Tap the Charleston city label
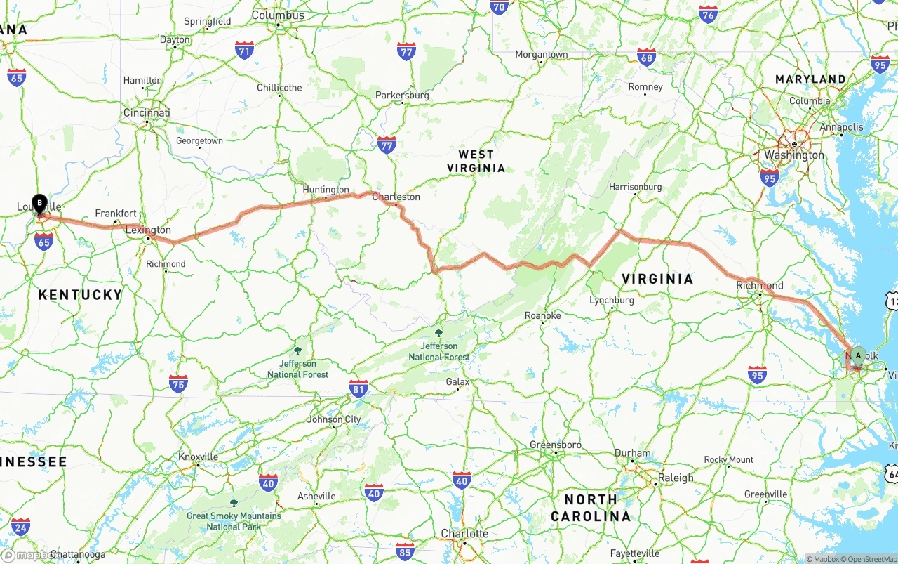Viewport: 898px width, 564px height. coord(396,197)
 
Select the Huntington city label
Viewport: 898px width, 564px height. coord(326,190)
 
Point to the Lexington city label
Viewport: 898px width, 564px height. coord(148,230)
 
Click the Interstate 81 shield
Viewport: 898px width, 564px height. coord(358,388)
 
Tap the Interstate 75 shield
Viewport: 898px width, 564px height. coord(178,383)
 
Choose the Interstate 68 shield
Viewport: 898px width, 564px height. coord(646,58)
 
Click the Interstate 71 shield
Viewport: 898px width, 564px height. coord(244,50)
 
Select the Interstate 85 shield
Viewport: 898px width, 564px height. coord(405,551)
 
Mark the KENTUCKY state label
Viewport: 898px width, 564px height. coord(80,295)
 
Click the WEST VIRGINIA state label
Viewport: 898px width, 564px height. coord(476,161)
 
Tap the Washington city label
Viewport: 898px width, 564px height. coord(794,155)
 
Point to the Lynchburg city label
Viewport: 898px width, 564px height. coord(611,300)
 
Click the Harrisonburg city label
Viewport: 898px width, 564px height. coord(635,187)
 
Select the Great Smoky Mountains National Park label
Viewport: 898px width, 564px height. coord(234,521)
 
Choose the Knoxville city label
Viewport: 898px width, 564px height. coord(199,457)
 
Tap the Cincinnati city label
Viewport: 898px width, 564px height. coord(147,112)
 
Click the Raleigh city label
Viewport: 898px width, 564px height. coord(676,478)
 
